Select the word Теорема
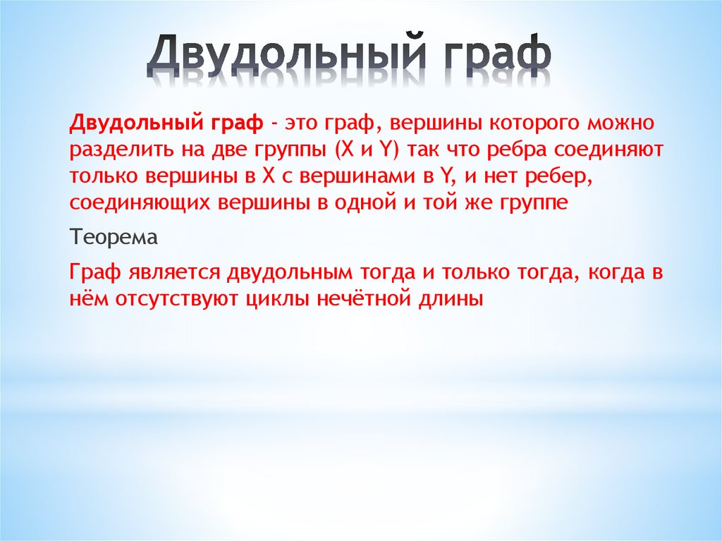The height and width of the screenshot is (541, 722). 114,237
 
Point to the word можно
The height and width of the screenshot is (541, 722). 620,124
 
